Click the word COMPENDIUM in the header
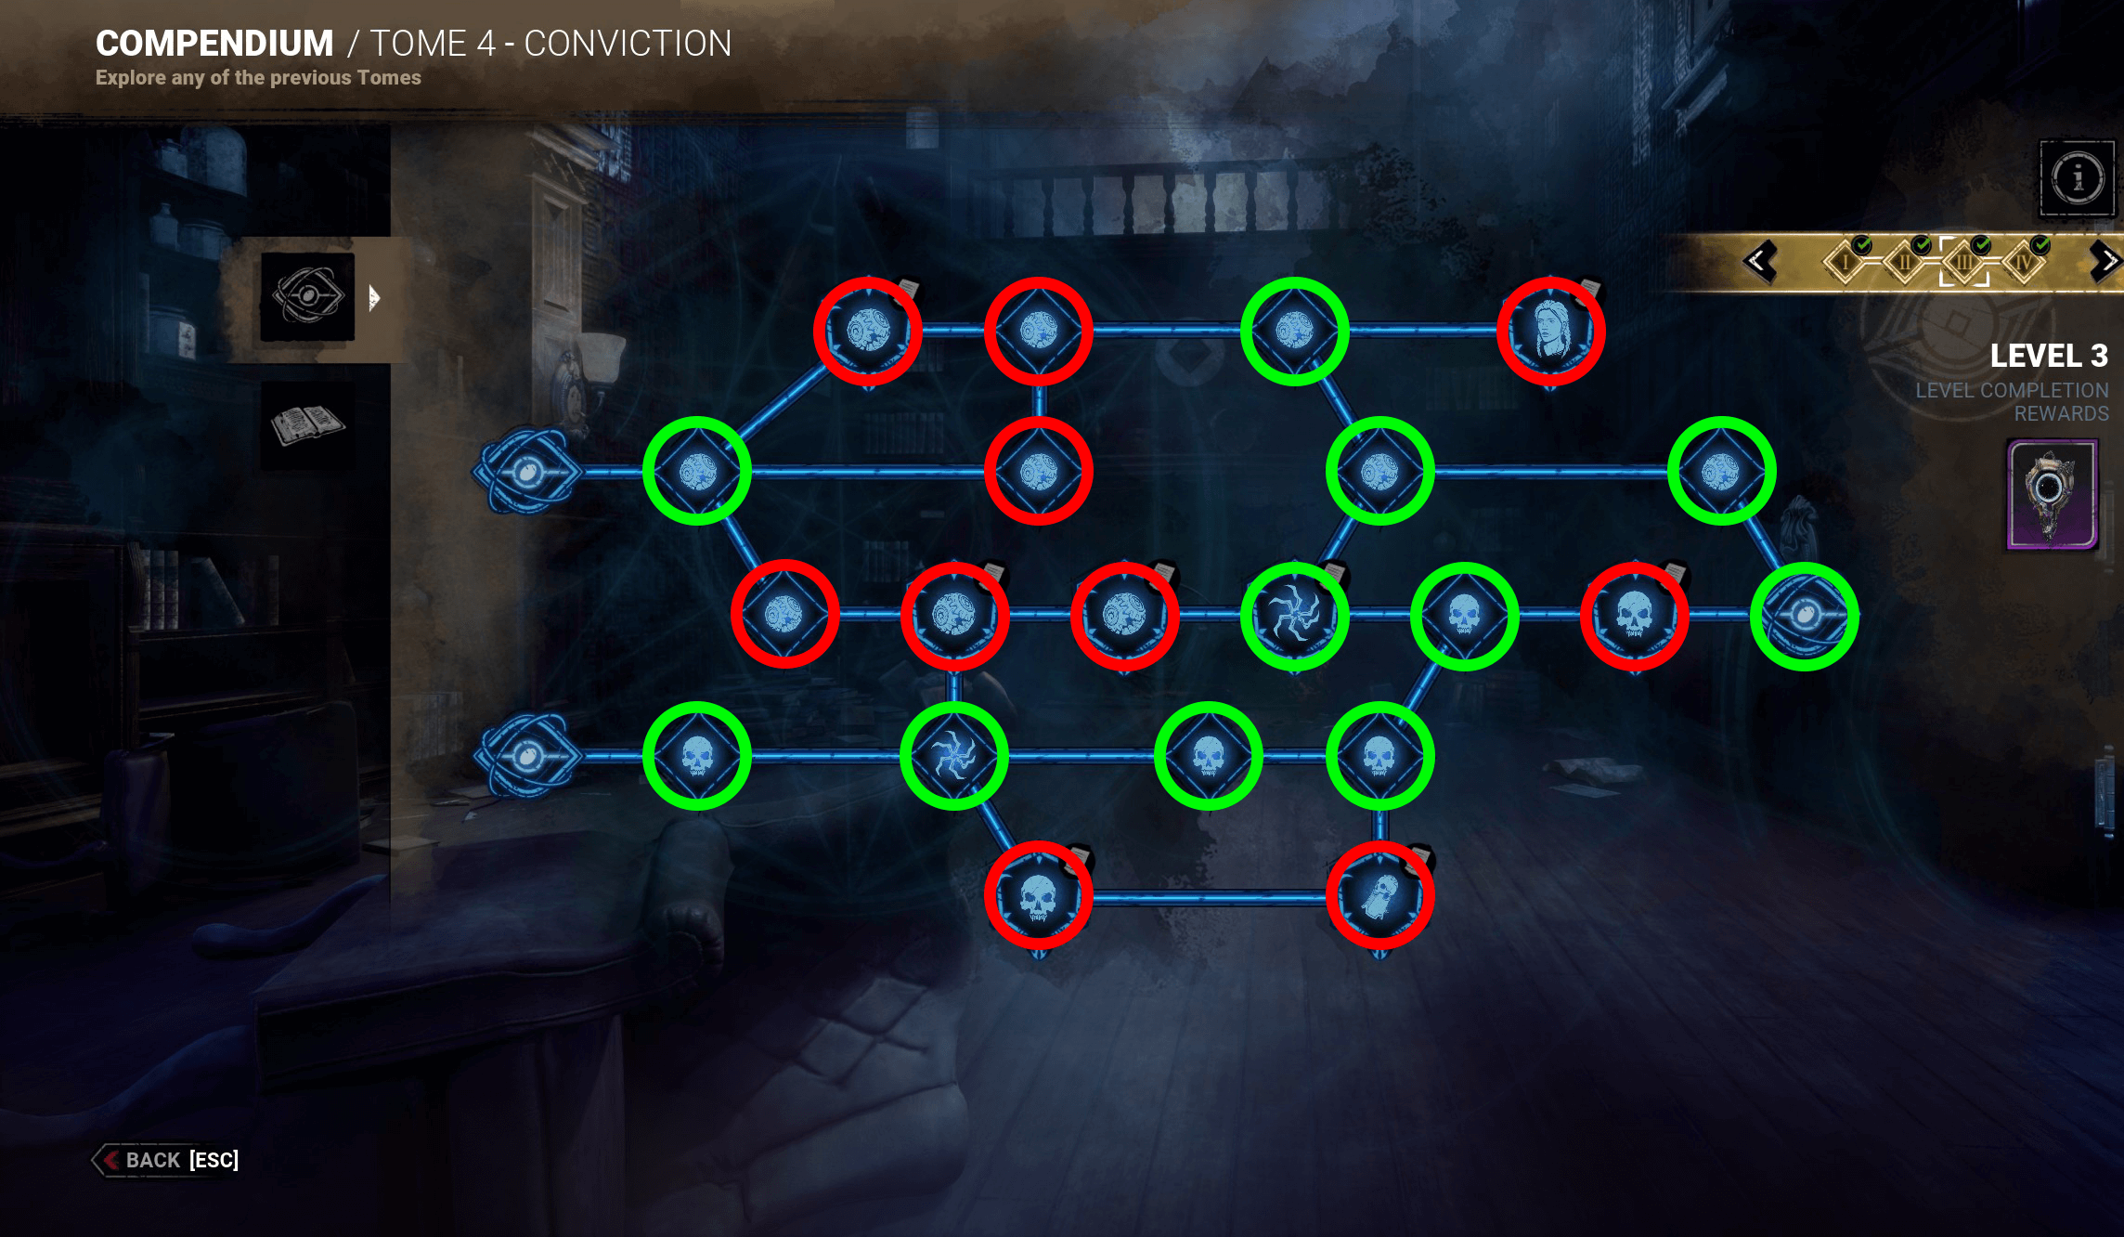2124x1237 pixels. pos(214,44)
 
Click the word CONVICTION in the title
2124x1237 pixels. pos(628,44)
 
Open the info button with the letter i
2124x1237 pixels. pos(2078,178)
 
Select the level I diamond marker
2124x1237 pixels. pos(1846,262)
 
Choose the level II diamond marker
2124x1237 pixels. pos(1905,262)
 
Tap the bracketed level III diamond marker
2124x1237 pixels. pos(1964,262)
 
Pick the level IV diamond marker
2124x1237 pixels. pos(2024,262)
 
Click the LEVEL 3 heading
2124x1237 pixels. pos(2048,356)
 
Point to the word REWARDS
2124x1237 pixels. pos(2061,414)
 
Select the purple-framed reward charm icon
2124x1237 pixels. pos(2052,495)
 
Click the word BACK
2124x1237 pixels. pos(152,1160)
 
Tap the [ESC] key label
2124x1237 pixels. pos(214,1160)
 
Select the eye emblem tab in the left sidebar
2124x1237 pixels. pos(307,297)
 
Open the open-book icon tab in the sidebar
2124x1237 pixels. pos(307,424)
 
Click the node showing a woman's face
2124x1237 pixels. pos(1550,332)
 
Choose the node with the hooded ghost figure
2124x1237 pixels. pos(1379,896)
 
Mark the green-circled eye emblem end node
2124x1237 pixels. pos(1804,616)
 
